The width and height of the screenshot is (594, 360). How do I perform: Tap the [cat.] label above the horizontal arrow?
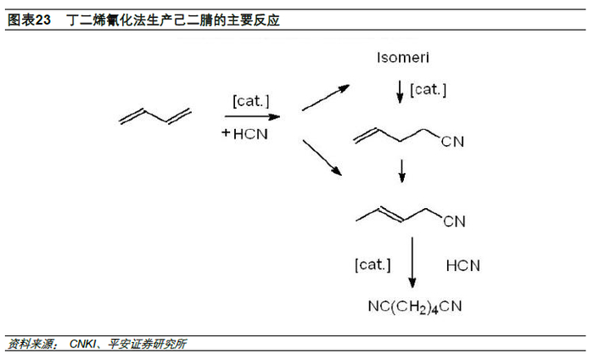pos(251,101)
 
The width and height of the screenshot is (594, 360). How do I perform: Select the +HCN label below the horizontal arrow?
pos(246,133)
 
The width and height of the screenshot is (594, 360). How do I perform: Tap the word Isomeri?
pos(402,59)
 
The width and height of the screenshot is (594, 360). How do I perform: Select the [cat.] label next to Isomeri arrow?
pos(429,89)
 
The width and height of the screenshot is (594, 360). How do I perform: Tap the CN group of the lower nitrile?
pos(454,222)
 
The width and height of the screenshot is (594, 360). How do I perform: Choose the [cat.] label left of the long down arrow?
pos(373,265)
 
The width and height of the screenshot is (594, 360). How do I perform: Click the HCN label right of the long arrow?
pos(462,266)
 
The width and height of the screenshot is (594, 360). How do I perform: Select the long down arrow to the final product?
pos(412,264)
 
